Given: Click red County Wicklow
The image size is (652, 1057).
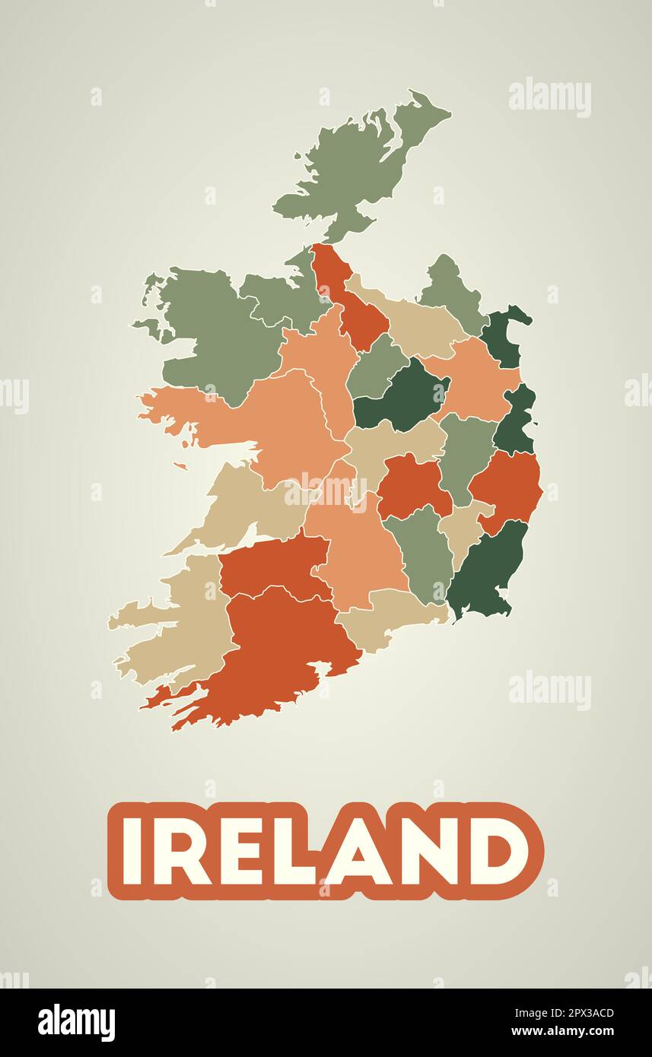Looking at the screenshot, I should point(507,487).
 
